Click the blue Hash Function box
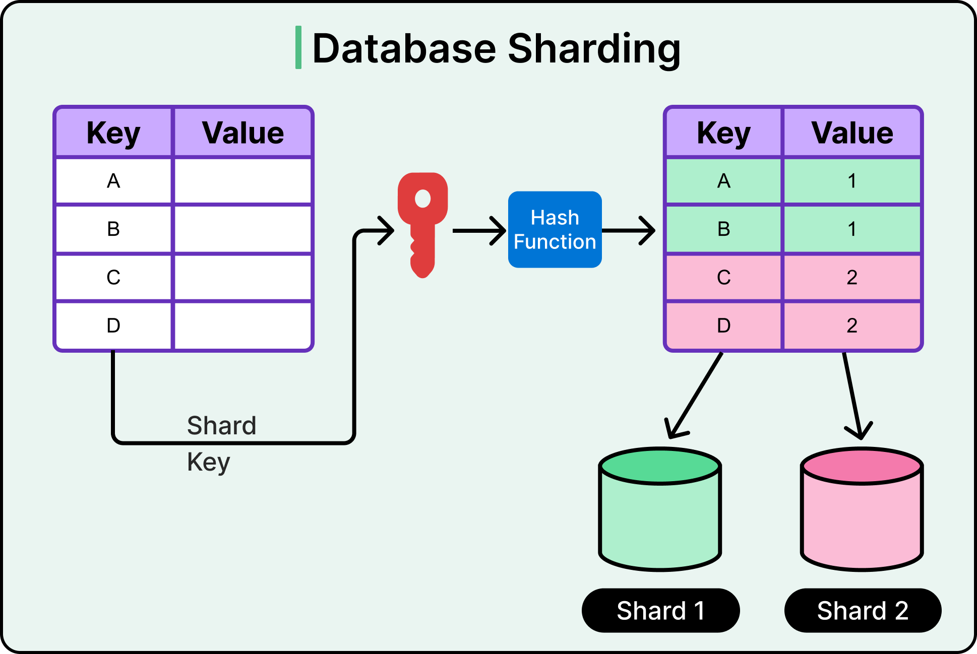click(555, 230)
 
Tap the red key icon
click(423, 222)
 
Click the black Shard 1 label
click(660, 611)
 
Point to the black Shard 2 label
click(863, 611)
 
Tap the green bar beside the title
click(298, 47)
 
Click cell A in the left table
click(113, 181)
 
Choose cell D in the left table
click(113, 325)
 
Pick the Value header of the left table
click(243, 133)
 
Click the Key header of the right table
click(723, 133)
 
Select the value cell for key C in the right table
click(852, 277)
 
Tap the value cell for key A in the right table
click(852, 181)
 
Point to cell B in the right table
click(723, 229)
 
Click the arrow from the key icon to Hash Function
click(479, 231)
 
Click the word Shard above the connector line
click(222, 426)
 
